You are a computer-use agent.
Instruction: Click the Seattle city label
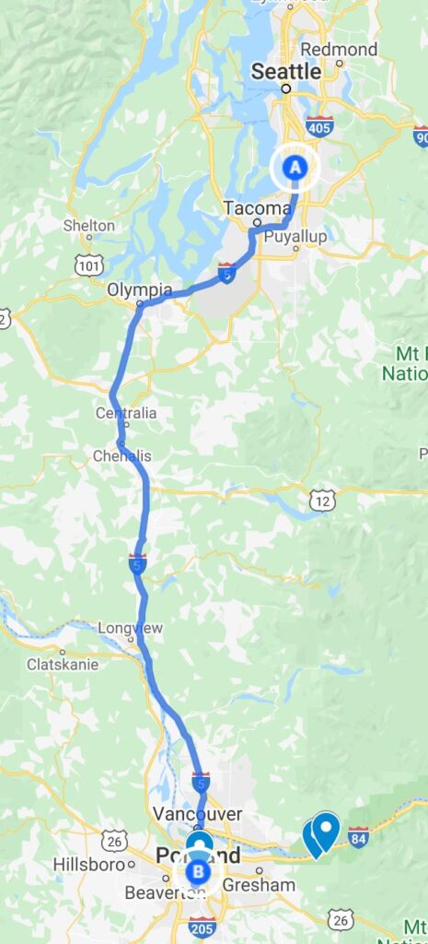point(286,72)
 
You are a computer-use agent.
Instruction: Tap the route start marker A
point(295,168)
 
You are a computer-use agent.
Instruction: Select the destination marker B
point(198,870)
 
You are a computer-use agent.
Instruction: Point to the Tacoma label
point(245,209)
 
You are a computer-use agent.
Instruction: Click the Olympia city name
point(140,290)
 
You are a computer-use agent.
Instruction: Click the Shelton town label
point(89,226)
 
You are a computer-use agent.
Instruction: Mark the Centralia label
point(126,413)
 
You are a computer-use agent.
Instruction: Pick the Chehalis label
point(122,455)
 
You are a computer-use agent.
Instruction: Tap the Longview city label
point(131,629)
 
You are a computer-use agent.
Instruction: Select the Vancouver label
point(199,814)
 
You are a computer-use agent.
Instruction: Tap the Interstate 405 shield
point(319,124)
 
